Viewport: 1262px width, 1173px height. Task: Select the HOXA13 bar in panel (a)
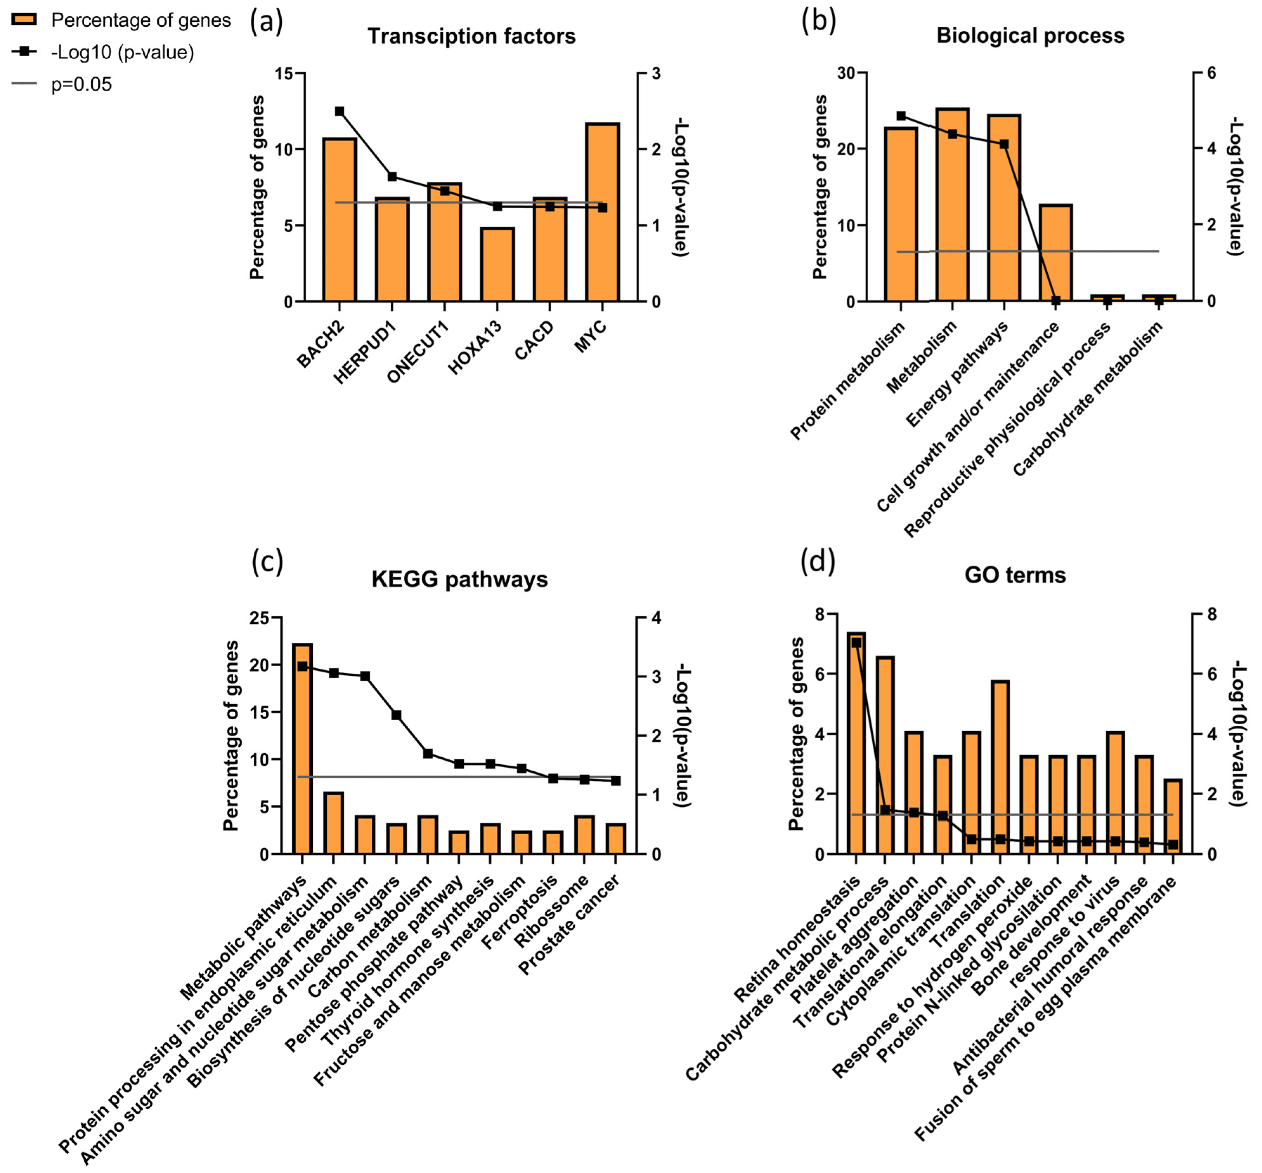coord(497,264)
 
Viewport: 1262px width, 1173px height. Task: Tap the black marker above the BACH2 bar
coord(339,111)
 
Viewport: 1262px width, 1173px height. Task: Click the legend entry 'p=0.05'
coord(81,84)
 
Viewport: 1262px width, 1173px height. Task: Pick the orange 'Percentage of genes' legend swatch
coord(24,20)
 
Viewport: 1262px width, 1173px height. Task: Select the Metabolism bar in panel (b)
coord(952,205)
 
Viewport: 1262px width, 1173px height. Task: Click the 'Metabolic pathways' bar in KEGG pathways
coord(302,749)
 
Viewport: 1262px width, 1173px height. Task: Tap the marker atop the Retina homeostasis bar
coord(856,642)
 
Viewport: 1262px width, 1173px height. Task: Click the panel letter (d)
coord(818,561)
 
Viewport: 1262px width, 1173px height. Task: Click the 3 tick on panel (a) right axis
coord(656,74)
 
